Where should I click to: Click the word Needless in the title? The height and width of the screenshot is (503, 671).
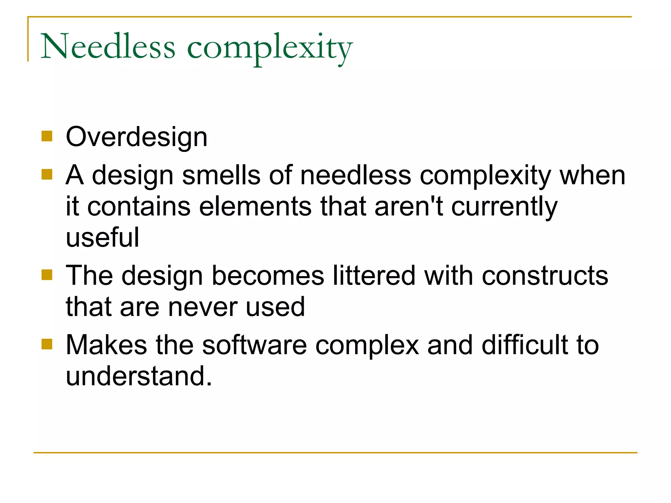point(108,47)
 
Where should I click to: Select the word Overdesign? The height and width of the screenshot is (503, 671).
point(136,137)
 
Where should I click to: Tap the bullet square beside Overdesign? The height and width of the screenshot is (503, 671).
point(47,136)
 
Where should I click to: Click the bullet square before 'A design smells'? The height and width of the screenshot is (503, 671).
point(47,175)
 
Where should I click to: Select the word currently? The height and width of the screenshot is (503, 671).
point(504,207)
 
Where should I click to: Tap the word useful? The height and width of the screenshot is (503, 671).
point(103,237)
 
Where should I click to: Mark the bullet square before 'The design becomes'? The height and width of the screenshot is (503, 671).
point(47,275)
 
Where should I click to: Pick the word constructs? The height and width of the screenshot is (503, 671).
point(545,275)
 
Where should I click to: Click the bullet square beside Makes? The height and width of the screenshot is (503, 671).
point(47,344)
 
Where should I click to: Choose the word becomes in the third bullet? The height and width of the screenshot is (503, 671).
point(268,275)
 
